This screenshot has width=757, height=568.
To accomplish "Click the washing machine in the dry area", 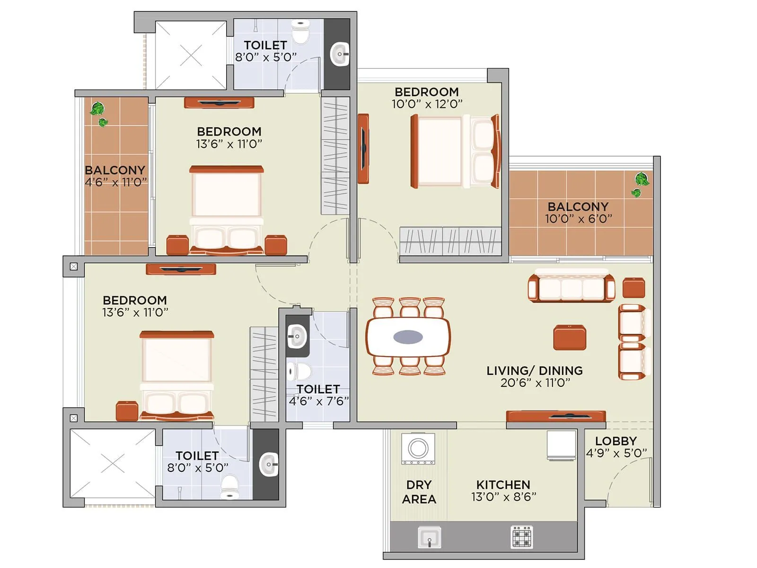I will click(418, 448).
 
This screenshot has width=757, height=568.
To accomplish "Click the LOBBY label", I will click(616, 441).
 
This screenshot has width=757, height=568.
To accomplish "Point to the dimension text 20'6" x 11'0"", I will click(535, 383).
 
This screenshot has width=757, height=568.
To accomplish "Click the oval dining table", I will click(408, 337).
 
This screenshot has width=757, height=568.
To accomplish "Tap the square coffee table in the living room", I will click(570, 337).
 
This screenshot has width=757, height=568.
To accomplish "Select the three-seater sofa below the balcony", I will click(571, 287).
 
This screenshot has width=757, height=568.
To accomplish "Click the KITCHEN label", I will click(503, 485).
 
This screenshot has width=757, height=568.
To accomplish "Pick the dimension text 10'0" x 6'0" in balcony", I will click(578, 219).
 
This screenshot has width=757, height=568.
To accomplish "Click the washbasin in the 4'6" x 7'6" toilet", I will click(297, 337).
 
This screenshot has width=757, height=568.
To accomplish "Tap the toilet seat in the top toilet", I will click(300, 31).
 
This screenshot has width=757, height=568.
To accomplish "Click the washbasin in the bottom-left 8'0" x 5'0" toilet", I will click(269, 464).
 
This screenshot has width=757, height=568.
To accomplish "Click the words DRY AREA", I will click(419, 492).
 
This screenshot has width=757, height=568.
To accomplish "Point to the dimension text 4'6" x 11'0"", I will click(115, 183).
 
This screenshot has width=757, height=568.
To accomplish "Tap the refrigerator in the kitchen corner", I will click(562, 445).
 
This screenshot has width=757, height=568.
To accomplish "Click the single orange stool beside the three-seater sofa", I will click(634, 288).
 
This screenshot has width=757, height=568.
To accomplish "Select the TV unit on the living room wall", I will click(556, 416).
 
